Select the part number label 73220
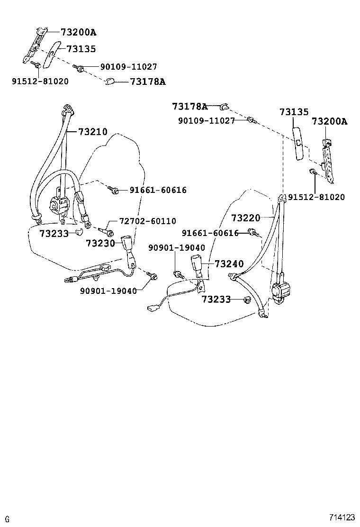pyautogui.click(x=245, y=218)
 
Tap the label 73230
pyautogui.click(x=100, y=243)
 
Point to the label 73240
pyautogui.click(x=229, y=264)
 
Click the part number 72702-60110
pyautogui.click(x=147, y=221)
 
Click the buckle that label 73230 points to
pyautogui.click(x=128, y=245)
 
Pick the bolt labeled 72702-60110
pyautogui.click(x=107, y=232)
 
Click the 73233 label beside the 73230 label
pyautogui.click(x=54, y=233)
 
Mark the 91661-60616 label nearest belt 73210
pyautogui.click(x=158, y=191)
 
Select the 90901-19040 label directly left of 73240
pyautogui.click(x=176, y=248)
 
